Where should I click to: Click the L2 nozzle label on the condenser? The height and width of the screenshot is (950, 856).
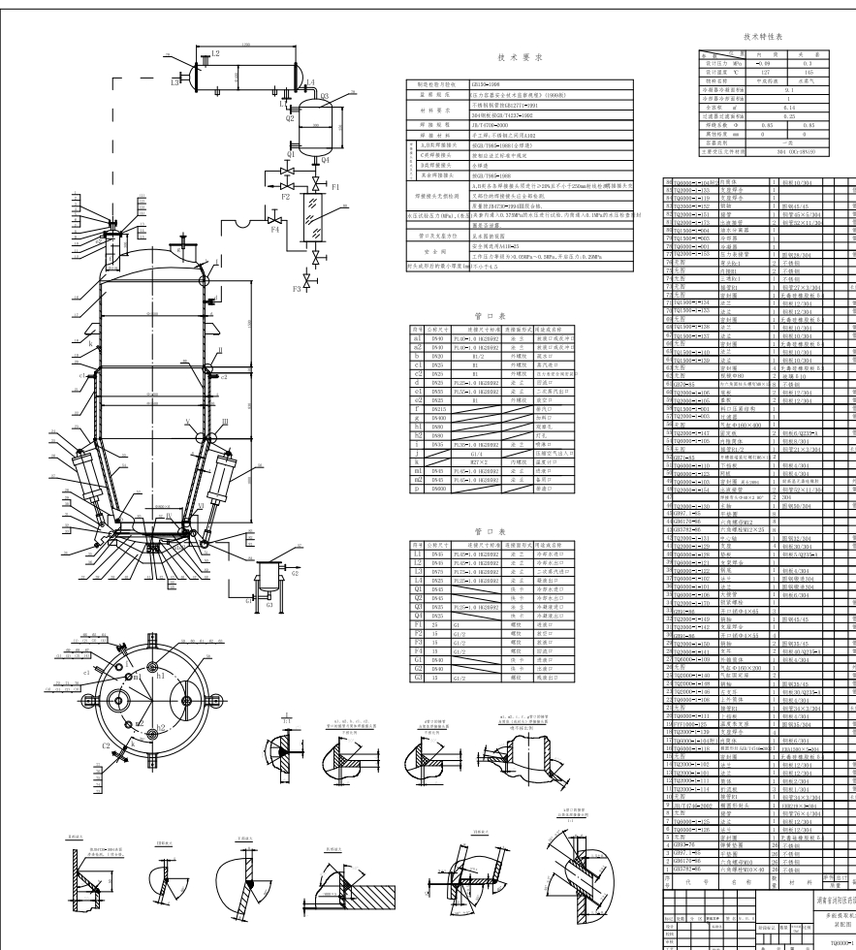(x=215, y=52)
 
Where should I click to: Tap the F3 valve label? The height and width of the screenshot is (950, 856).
(x=296, y=288)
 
